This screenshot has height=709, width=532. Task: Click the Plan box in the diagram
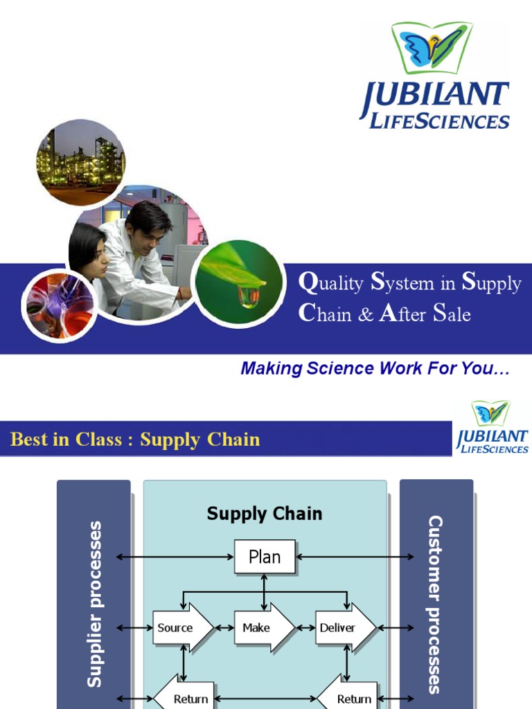(265, 557)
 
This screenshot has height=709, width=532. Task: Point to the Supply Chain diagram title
(265, 514)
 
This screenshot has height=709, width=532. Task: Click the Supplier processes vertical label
(94, 604)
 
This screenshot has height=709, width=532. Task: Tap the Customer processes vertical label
(435, 604)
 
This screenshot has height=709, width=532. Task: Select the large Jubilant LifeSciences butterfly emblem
(432, 48)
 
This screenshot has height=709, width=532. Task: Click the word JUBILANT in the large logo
(435, 98)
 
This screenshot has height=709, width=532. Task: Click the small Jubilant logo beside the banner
(492, 428)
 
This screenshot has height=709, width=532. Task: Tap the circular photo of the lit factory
(80, 162)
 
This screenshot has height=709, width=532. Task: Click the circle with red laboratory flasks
(59, 305)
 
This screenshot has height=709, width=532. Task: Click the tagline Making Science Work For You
(375, 369)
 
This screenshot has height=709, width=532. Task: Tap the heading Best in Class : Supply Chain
(136, 440)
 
